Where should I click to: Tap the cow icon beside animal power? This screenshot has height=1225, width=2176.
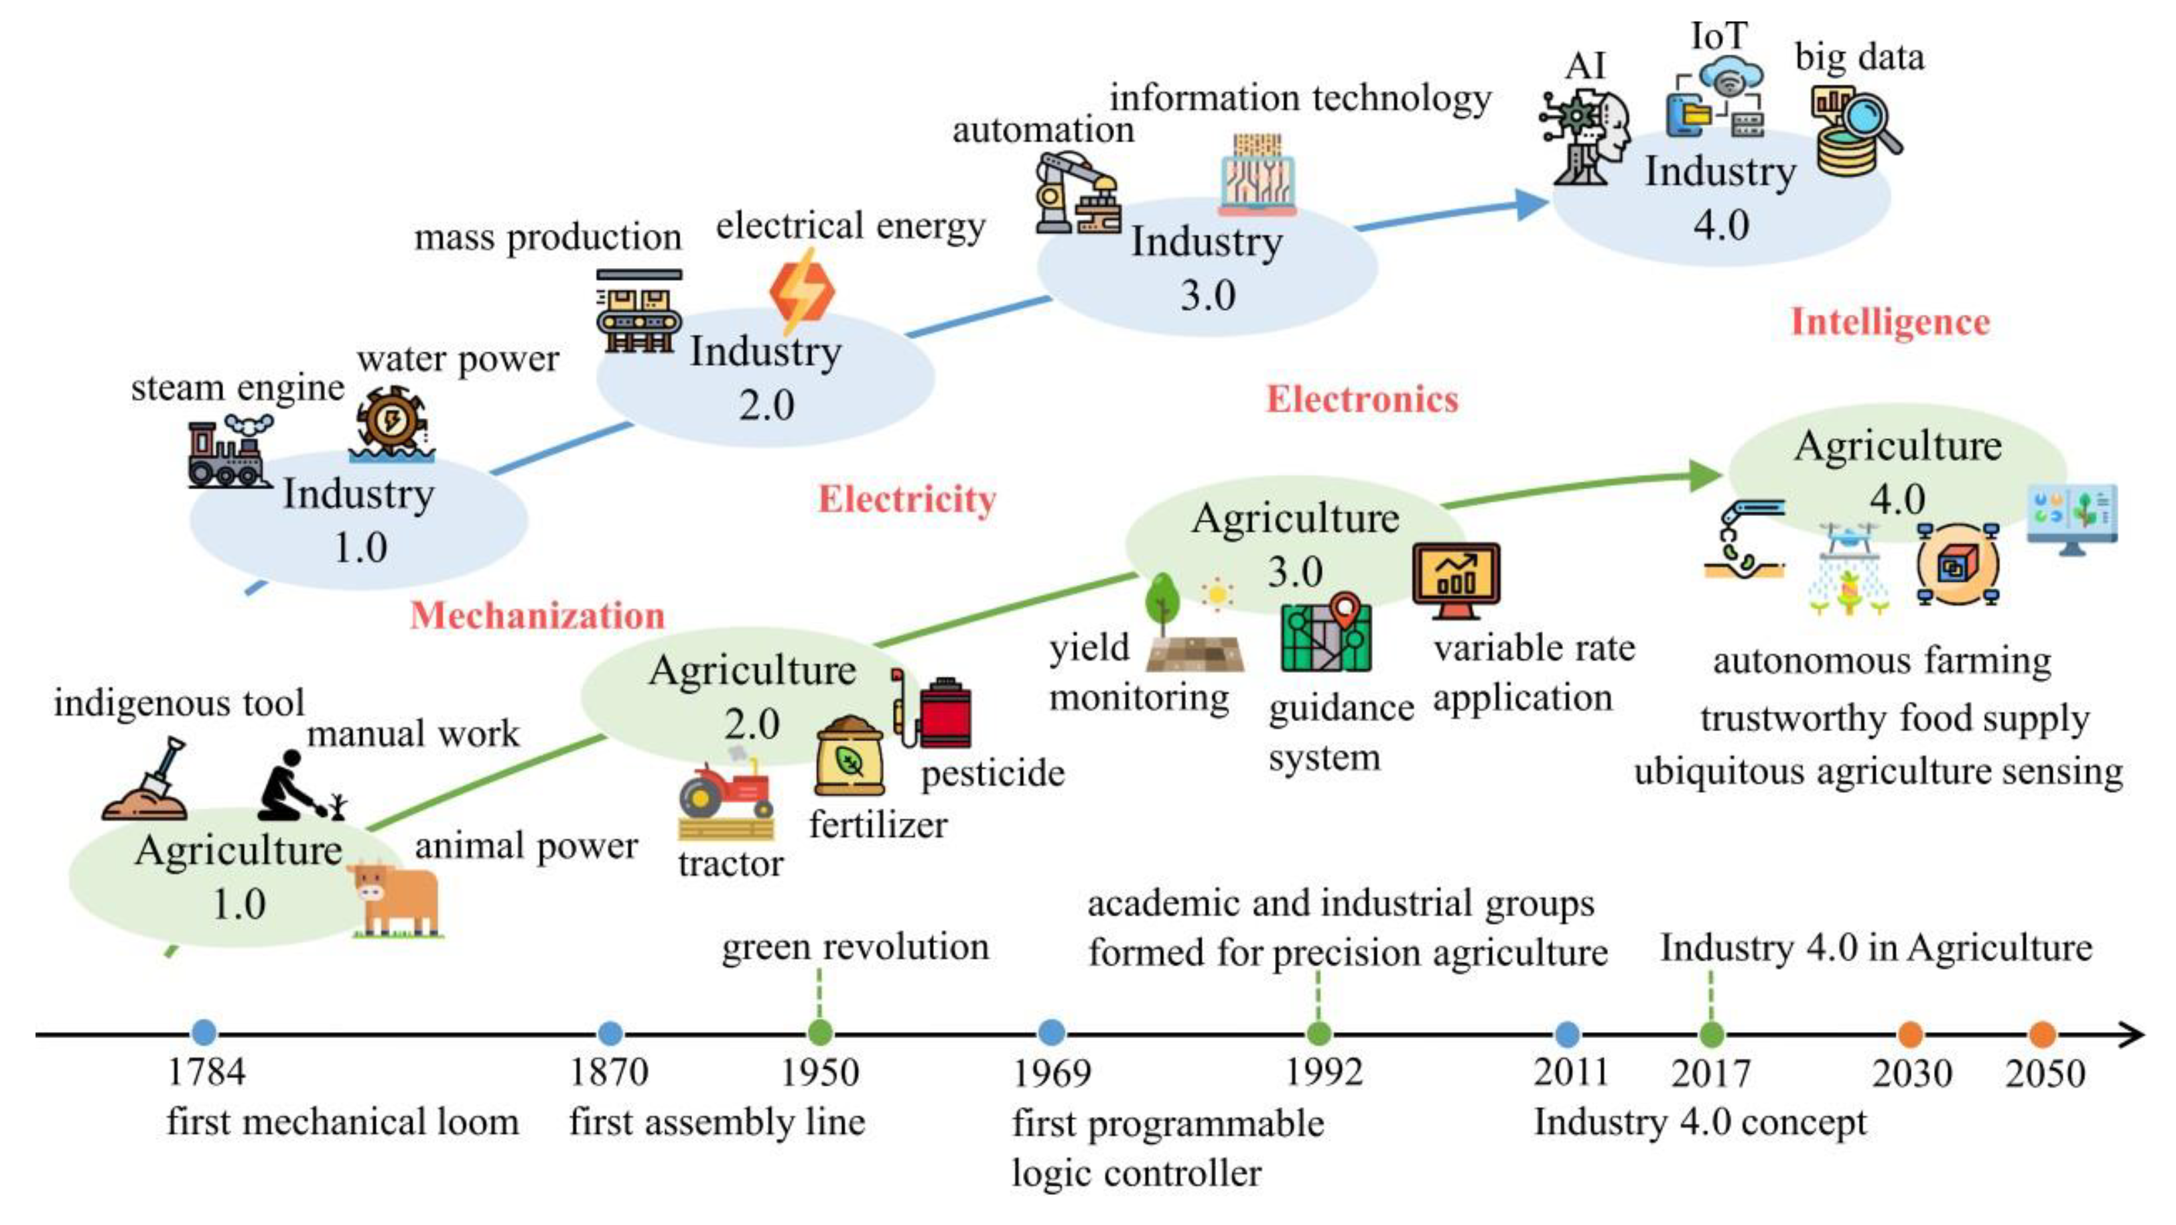click(x=395, y=898)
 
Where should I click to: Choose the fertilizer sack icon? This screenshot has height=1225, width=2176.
click(x=849, y=755)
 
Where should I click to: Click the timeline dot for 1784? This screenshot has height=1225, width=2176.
click(x=204, y=1033)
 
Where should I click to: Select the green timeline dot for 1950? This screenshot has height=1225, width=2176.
click(x=820, y=1033)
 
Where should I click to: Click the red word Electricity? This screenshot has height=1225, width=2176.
click(x=907, y=499)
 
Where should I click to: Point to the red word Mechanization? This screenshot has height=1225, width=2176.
click(x=537, y=615)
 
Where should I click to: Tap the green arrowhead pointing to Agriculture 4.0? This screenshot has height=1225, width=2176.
click(x=1704, y=476)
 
